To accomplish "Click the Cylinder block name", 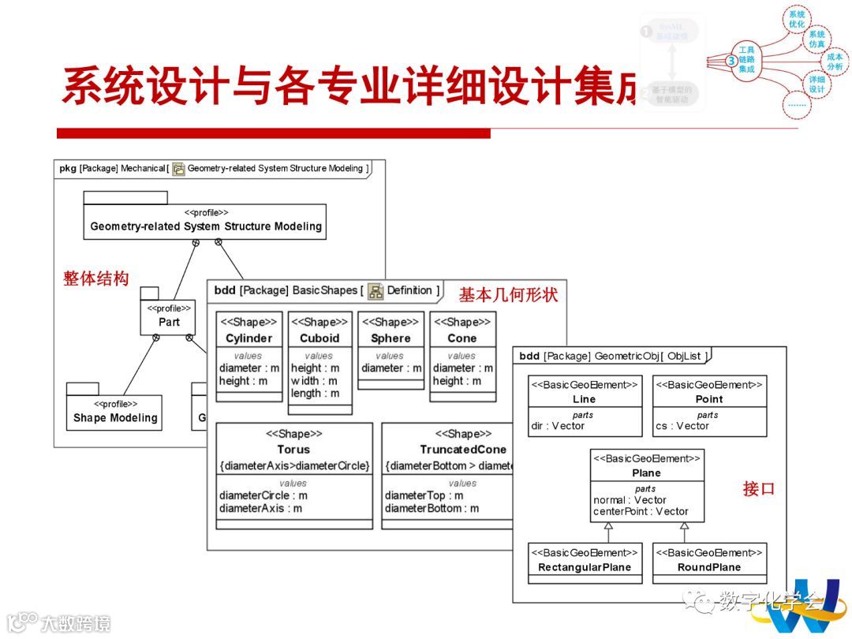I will [248, 338].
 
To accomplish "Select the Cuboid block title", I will [319, 338].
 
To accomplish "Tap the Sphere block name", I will [390, 338].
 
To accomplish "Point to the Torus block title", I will [293, 450].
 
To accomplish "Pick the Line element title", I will [584, 399].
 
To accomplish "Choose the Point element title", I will [708, 399].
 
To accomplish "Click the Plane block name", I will [646, 473].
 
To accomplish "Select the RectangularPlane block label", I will [584, 567].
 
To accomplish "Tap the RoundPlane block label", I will [708, 567].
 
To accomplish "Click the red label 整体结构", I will [95, 278].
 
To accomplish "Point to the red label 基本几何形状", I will [508, 295].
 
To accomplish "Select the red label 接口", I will [758, 489].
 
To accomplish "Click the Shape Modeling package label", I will [115, 418].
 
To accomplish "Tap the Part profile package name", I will [169, 322].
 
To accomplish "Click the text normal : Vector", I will [630, 500].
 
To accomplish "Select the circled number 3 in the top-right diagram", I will [731, 60].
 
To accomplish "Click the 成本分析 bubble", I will [835, 62].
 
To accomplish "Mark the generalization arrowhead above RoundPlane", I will [685, 526].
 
